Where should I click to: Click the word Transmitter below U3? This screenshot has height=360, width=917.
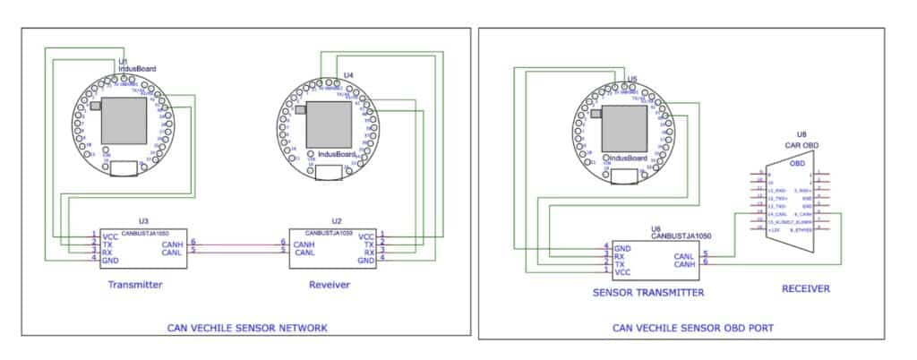(134, 285)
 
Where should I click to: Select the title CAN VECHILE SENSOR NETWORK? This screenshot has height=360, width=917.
(247, 328)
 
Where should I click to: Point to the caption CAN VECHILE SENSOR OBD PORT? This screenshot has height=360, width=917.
(694, 328)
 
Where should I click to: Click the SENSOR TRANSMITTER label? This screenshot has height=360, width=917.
(647, 292)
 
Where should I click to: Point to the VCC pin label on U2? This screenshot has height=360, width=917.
(366, 236)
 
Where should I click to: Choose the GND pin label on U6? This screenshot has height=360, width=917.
(624, 247)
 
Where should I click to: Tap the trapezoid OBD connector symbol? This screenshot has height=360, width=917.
(795, 198)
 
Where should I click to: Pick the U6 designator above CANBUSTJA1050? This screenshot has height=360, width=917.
(656, 229)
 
